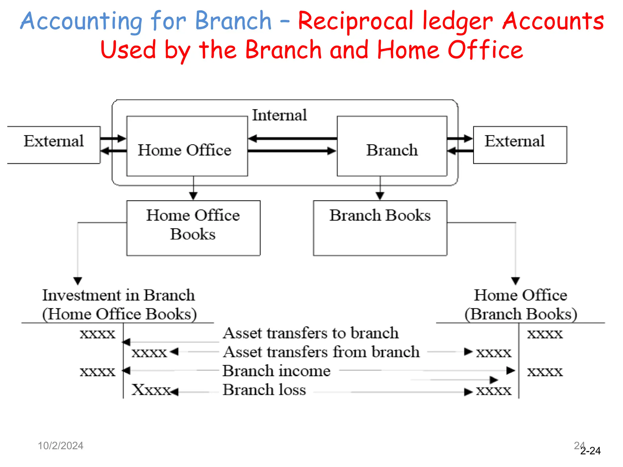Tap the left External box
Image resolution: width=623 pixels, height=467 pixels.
click(54, 145)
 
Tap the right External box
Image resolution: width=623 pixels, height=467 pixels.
click(520, 145)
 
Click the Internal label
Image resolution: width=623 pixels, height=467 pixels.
click(279, 115)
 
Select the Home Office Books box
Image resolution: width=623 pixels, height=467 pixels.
click(193, 228)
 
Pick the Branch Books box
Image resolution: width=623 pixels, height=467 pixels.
click(380, 228)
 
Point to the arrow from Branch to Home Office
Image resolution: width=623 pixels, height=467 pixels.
click(292, 139)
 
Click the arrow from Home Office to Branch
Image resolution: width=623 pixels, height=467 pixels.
click(292, 151)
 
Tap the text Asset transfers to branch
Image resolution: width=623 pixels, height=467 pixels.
click(310, 333)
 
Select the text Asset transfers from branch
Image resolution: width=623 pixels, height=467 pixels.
click(321, 352)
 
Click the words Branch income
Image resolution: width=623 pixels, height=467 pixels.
click(276, 371)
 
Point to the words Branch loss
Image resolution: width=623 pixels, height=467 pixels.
click(264, 390)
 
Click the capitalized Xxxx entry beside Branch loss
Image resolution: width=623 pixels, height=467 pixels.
click(151, 390)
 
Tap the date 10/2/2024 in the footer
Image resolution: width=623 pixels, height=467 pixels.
click(60, 446)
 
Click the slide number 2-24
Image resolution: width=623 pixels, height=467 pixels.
click(590, 451)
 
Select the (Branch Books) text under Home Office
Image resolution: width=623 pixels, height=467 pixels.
click(520, 314)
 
